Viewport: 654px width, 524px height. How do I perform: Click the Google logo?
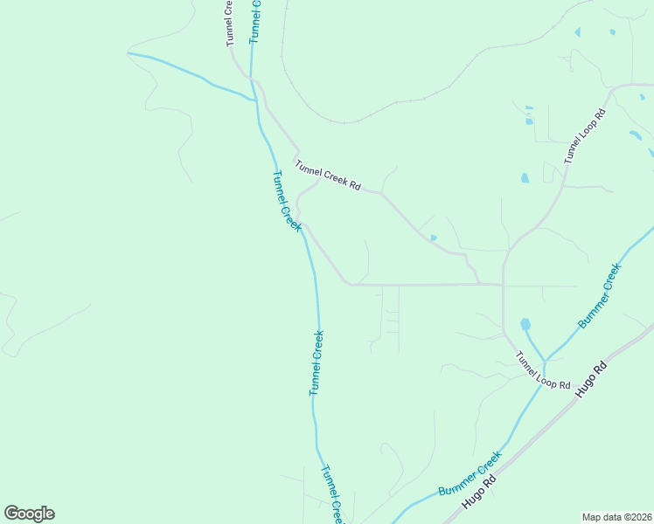coord(29,514)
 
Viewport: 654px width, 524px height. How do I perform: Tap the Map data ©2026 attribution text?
coord(617,517)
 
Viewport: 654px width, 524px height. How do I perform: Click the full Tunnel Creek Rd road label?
coord(328,176)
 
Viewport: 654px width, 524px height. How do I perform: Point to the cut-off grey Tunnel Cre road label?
coord(230,23)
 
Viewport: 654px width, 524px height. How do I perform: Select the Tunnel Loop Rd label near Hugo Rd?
coord(542,371)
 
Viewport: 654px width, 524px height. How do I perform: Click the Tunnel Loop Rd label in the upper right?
coord(585,137)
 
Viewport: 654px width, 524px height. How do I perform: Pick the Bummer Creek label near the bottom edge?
coord(470,474)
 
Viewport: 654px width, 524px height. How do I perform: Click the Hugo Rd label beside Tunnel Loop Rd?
coord(590,380)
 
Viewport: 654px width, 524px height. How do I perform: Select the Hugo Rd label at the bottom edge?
coord(479,493)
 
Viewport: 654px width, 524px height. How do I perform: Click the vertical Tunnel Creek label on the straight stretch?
coord(317,362)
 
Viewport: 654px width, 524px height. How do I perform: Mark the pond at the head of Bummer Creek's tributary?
coord(525,325)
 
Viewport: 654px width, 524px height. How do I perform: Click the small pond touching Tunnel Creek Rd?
coord(434,238)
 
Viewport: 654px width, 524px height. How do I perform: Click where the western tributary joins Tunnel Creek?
coord(255,101)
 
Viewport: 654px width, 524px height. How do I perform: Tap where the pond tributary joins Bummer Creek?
coord(545,361)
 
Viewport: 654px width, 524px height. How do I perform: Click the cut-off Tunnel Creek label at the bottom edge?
coord(330,493)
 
